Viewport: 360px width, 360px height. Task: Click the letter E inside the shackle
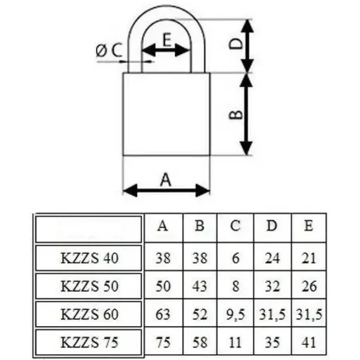(x=167, y=40)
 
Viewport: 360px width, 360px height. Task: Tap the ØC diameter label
(x=108, y=50)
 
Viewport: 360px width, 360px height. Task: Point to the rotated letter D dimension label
(x=236, y=44)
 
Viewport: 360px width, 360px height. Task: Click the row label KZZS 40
(x=89, y=258)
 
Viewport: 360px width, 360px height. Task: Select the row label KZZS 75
(x=89, y=342)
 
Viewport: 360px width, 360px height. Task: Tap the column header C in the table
(x=235, y=226)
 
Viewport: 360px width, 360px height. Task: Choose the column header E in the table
(x=309, y=225)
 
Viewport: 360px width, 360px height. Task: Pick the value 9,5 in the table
(x=235, y=314)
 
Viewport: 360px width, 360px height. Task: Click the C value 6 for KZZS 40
(x=236, y=258)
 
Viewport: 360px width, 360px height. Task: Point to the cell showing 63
(x=163, y=314)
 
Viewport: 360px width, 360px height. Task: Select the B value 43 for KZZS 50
(x=199, y=286)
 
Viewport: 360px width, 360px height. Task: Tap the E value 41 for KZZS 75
(x=309, y=342)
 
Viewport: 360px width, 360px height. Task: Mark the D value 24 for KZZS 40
(x=272, y=258)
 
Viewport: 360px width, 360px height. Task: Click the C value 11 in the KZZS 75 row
(x=235, y=342)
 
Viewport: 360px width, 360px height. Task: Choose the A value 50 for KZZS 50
(x=163, y=286)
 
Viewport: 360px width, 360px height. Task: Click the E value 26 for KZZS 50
(x=309, y=286)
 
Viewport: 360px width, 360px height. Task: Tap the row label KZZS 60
(x=89, y=314)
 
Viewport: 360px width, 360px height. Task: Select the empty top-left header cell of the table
(x=89, y=229)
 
